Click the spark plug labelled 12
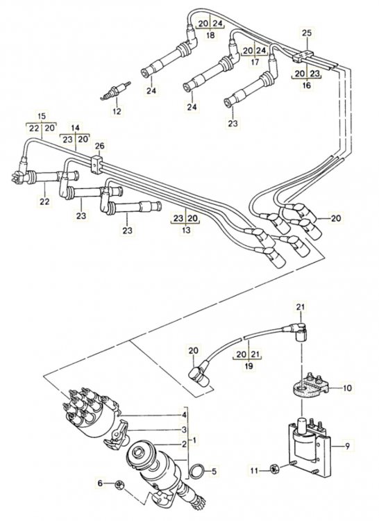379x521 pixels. pyautogui.click(x=115, y=91)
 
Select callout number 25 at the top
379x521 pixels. pyautogui.click(x=307, y=33)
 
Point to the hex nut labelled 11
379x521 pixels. pyautogui.click(x=273, y=469)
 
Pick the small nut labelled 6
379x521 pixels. pyautogui.click(x=119, y=484)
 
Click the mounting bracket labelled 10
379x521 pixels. pyautogui.click(x=310, y=386)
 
